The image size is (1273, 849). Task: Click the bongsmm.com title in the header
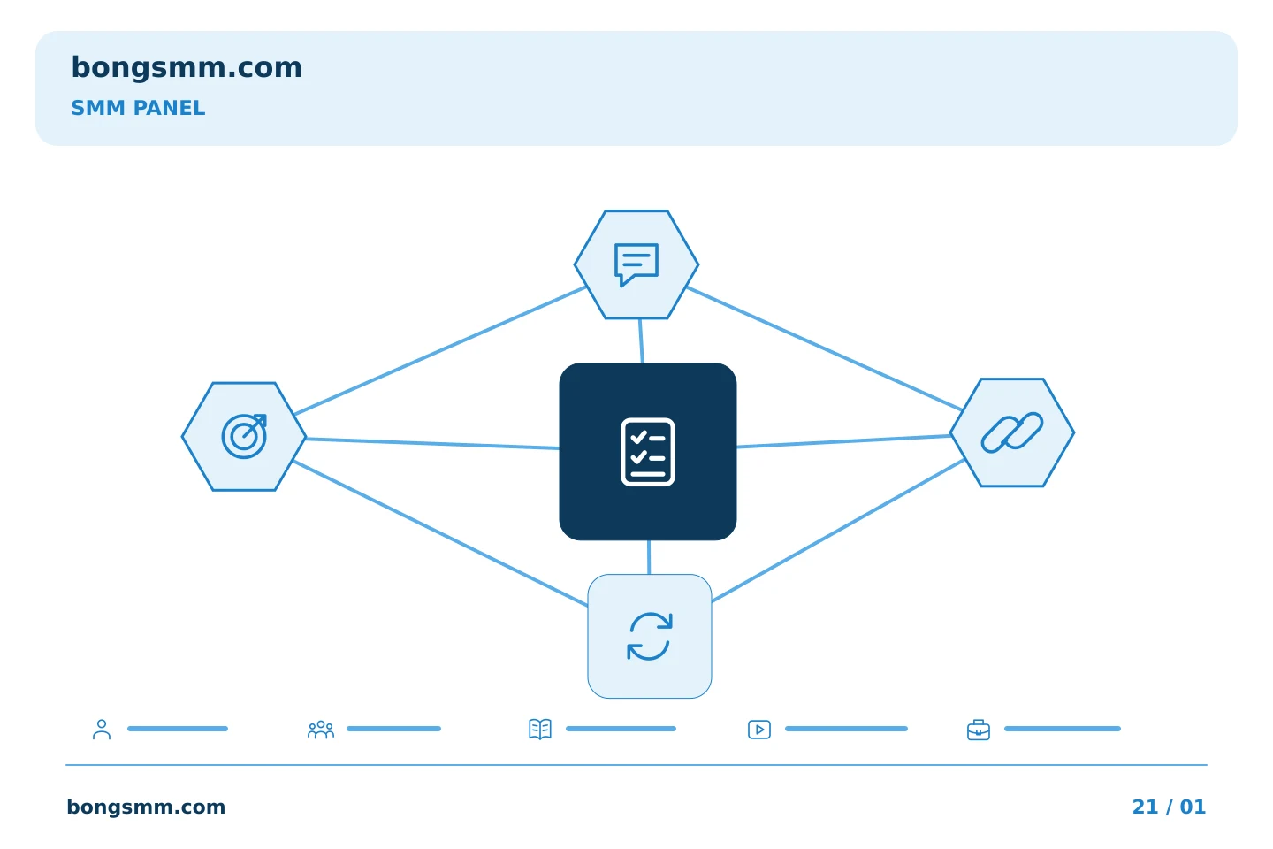click(187, 68)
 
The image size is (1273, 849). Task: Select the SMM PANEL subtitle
click(138, 108)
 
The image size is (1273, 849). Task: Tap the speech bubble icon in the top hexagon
click(636, 264)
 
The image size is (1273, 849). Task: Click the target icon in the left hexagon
click(244, 436)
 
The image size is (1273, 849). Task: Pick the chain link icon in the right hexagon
click(1012, 432)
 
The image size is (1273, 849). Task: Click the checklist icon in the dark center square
click(648, 452)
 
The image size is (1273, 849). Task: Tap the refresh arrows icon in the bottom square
click(650, 637)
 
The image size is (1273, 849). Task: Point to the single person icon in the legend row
click(102, 729)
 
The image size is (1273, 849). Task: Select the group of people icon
click(321, 730)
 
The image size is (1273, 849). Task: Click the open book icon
click(540, 729)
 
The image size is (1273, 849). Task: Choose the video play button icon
click(759, 730)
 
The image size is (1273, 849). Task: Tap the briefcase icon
click(979, 730)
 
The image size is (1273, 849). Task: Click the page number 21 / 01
click(1169, 807)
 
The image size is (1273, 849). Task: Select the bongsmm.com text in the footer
click(146, 807)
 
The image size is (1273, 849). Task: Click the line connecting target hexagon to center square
click(432, 444)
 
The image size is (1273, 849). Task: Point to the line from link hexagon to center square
click(844, 441)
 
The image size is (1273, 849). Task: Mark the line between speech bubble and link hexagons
click(824, 348)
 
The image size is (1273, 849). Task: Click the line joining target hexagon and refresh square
click(440, 533)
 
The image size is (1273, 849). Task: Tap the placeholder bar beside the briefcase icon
click(1063, 729)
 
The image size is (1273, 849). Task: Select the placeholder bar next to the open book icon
click(621, 729)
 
